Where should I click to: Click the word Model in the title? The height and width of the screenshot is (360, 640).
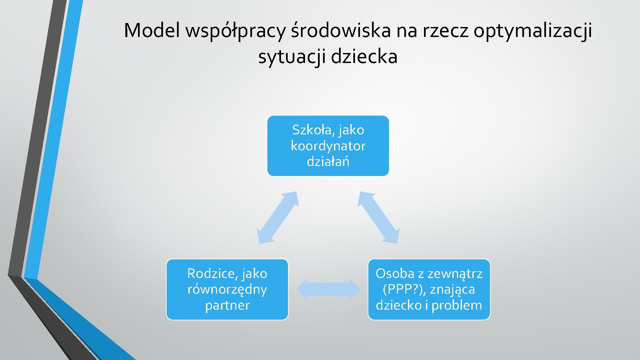point(152,31)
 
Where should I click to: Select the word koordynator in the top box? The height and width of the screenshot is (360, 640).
point(328,146)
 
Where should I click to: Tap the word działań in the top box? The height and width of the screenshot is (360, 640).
point(328,162)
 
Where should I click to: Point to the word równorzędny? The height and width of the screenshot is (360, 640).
point(227,290)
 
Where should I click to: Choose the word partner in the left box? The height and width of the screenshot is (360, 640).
point(227,305)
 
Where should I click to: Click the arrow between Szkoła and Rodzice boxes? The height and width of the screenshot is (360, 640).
point(277,217)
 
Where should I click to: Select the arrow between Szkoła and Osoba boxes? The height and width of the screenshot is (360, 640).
point(378,217)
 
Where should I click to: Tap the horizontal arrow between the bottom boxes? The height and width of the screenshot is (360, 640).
point(328,289)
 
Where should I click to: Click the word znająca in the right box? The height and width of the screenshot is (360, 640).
point(452,290)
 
